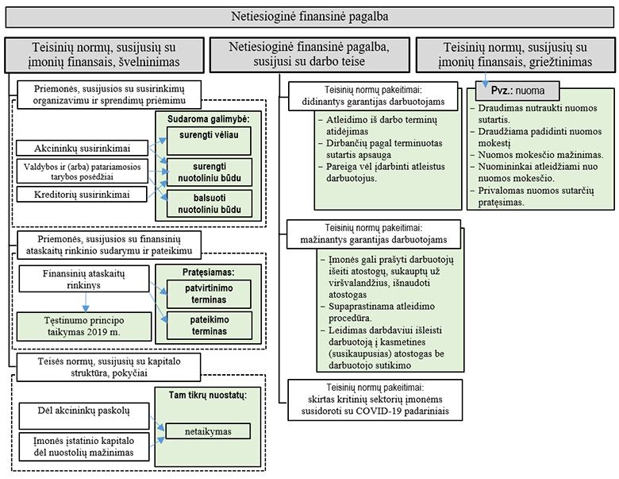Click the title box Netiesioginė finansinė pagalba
(x=310, y=15)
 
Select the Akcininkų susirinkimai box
(x=83, y=148)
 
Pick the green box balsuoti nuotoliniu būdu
(x=203, y=204)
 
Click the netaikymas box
(x=208, y=431)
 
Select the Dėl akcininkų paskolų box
(x=83, y=411)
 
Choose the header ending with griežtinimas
(x=515, y=53)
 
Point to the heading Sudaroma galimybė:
(x=204, y=119)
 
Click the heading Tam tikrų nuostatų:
(x=203, y=395)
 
